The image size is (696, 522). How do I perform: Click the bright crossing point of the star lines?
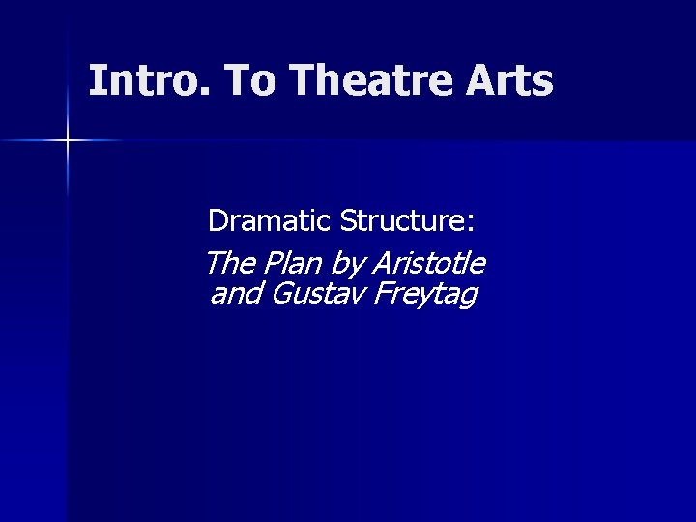click(68, 141)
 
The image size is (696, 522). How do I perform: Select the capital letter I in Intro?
click(95, 81)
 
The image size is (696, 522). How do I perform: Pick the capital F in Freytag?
click(375, 292)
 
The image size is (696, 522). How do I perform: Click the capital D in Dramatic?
click(217, 222)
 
